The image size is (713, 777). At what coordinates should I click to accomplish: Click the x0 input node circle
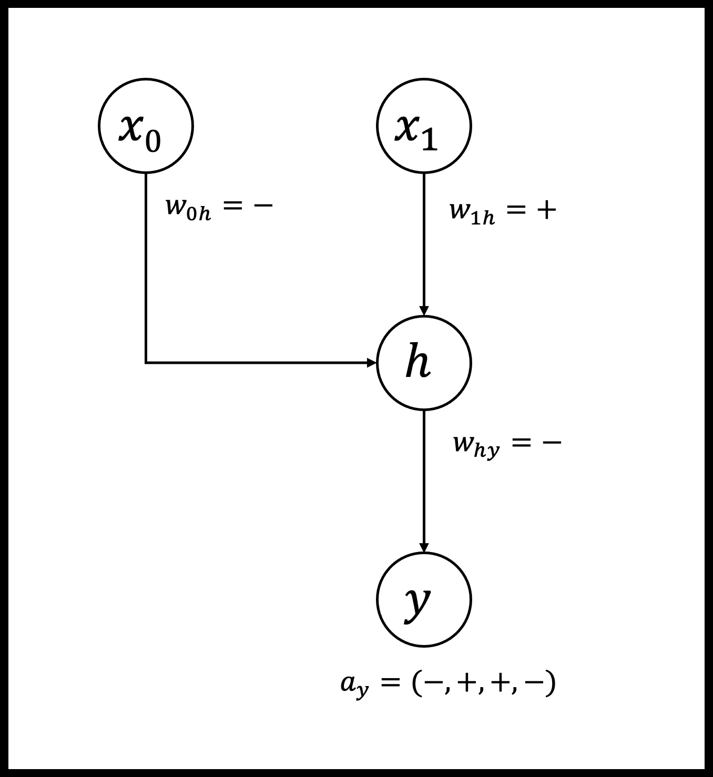tap(146, 126)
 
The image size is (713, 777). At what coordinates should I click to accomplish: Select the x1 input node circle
tap(424, 126)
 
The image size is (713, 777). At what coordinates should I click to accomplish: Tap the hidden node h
tap(424, 363)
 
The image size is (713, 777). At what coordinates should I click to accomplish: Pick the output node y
tap(424, 599)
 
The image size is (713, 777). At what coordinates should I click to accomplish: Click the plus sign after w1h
tap(546, 210)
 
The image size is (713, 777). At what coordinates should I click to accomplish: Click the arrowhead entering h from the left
tap(371, 363)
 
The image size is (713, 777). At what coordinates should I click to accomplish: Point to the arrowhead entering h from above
tap(424, 311)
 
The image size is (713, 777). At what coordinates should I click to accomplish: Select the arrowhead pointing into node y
tap(424, 547)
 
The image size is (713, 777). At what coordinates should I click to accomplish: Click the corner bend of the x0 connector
tap(146, 363)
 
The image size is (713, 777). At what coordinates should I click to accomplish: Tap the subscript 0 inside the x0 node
tap(152, 140)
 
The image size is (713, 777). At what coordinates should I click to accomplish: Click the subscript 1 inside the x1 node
tap(430, 140)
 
